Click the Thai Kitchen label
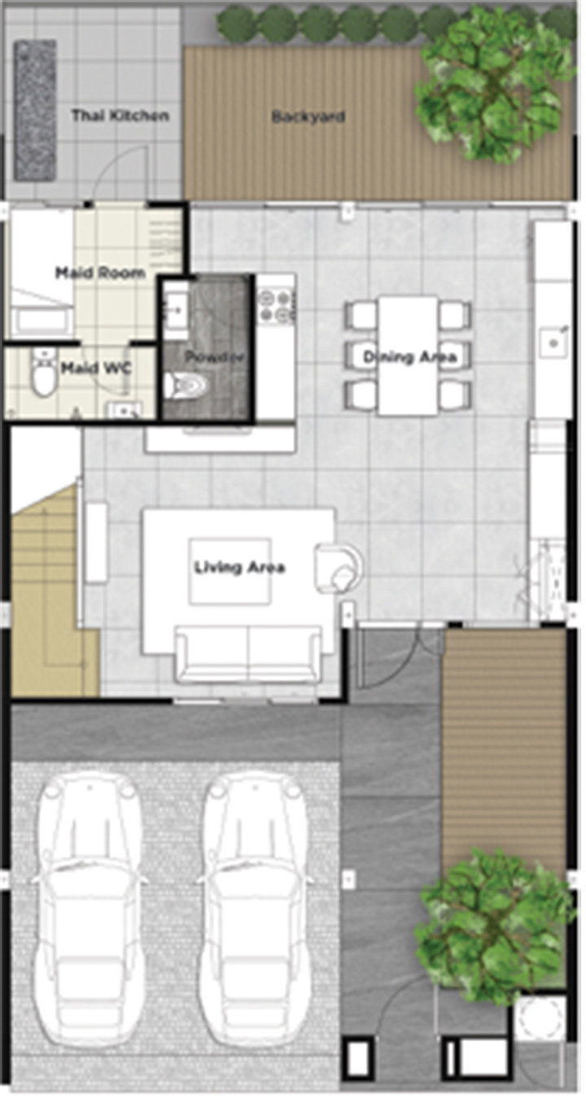click(120, 116)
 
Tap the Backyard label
click(308, 116)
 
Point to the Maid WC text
click(96, 368)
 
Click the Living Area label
click(240, 568)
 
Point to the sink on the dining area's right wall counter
click(553, 342)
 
